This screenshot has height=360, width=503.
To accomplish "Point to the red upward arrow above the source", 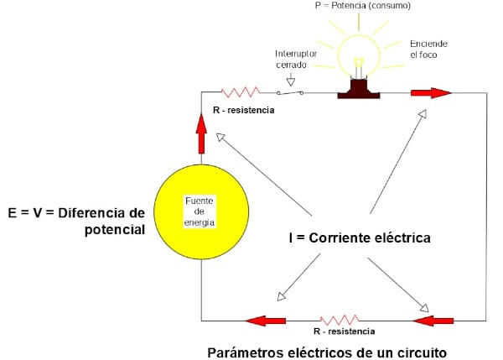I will pos(201,132).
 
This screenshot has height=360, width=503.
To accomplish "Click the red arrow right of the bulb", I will pos(432,92).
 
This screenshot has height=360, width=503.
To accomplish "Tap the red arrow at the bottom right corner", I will pos(433,320).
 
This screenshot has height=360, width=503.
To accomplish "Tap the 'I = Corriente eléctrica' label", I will pos(359,238).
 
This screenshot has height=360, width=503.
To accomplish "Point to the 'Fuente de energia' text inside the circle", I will pos(200,211).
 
